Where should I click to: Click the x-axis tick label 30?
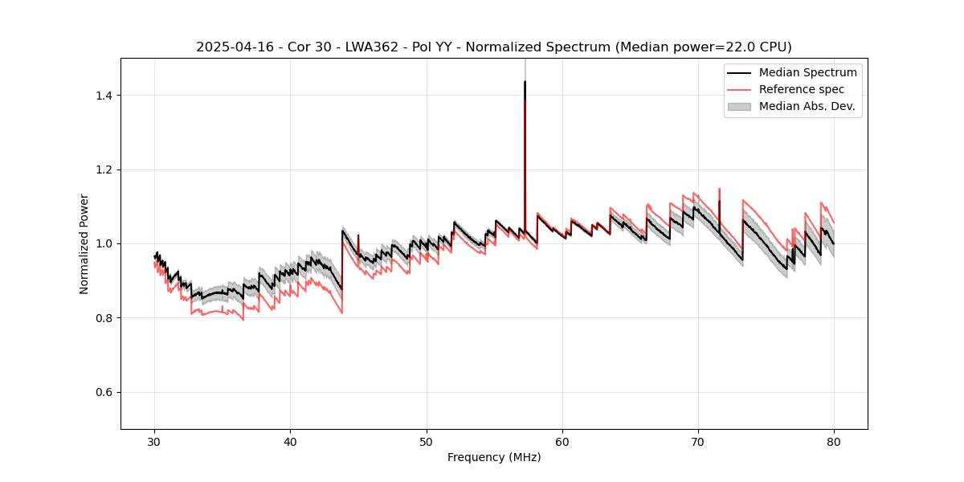tap(154, 442)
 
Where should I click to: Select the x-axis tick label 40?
tap(290, 442)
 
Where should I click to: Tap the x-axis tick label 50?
tap(427, 442)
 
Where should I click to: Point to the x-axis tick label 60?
tap(562, 442)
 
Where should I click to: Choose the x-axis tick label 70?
tap(698, 442)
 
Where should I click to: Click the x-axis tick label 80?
tap(834, 442)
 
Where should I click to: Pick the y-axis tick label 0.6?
tap(102, 392)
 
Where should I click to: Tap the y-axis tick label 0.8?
tap(102, 318)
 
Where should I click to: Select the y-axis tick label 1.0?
tap(102, 243)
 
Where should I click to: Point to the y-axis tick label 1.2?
tap(102, 170)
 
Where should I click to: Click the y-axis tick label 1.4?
tap(102, 96)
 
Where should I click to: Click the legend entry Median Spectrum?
tap(807, 72)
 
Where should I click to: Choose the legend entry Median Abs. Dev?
tap(807, 106)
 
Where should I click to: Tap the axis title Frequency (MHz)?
tap(494, 458)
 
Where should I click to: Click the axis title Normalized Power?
tap(84, 243)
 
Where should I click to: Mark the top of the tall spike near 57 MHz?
tap(525, 81)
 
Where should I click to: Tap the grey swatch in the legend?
tap(739, 106)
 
